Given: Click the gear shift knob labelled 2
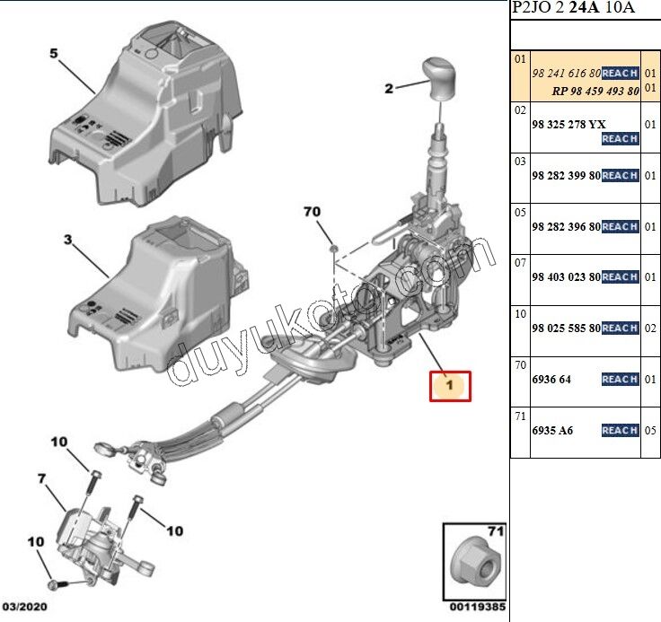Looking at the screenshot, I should click(x=440, y=78).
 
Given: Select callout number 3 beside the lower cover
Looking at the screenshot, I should click(x=66, y=240).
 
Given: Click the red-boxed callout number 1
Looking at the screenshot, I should click(x=450, y=386).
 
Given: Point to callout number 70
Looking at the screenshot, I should click(x=312, y=212).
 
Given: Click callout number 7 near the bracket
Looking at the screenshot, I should click(x=42, y=479).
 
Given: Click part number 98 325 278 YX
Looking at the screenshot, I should click(x=568, y=124).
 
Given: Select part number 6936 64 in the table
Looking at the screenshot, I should click(x=551, y=380).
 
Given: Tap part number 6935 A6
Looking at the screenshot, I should click(x=552, y=431).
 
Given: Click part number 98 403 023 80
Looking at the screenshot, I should click(x=566, y=277).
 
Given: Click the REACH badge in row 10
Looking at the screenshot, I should click(x=620, y=329).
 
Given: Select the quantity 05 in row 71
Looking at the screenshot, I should click(x=651, y=431).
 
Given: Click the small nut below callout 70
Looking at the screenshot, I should click(x=332, y=248).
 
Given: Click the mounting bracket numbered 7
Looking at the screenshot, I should click(x=90, y=539).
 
